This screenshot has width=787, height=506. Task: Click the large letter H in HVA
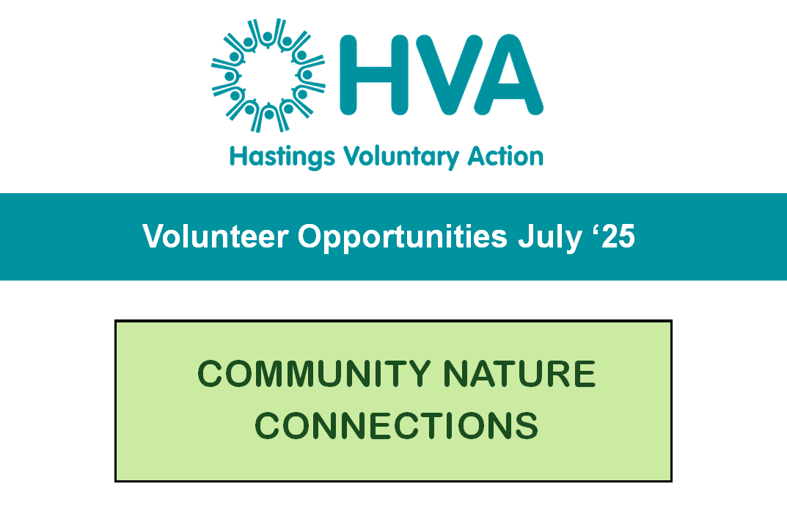[373, 75]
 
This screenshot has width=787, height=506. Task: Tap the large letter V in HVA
[450, 75]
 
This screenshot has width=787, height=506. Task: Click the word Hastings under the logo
[282, 157]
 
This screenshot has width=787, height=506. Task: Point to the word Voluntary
[401, 157]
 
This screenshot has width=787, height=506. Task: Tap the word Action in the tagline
[505, 156]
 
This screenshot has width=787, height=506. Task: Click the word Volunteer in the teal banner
[216, 236]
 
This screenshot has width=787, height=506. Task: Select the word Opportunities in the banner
[403, 238]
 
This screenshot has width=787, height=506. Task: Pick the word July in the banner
[549, 238]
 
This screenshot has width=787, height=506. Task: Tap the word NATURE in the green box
[519, 374]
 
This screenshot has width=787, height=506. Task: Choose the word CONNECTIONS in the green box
[397, 426]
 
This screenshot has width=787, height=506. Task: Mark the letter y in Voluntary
[452, 160]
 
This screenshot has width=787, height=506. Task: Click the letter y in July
[574, 241]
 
